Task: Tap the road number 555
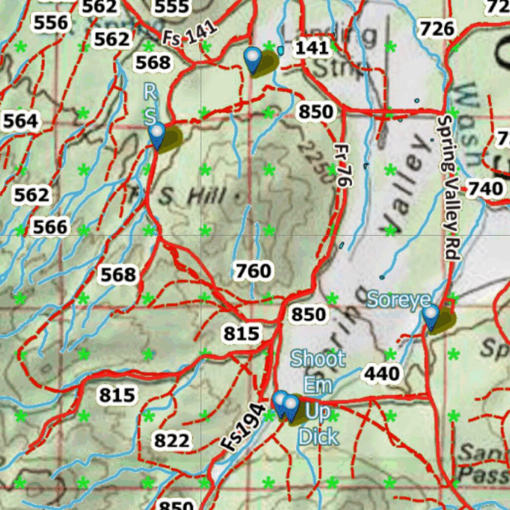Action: [172, 6]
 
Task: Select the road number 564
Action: [20, 121]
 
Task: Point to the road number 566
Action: [50, 228]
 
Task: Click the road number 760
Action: [253, 271]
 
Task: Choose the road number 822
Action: [172, 441]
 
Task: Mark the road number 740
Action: [485, 189]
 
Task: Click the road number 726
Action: [437, 29]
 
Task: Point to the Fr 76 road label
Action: [341, 166]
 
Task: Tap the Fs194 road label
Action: [243, 427]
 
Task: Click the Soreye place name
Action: [398, 300]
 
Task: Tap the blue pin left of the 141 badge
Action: [253, 60]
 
